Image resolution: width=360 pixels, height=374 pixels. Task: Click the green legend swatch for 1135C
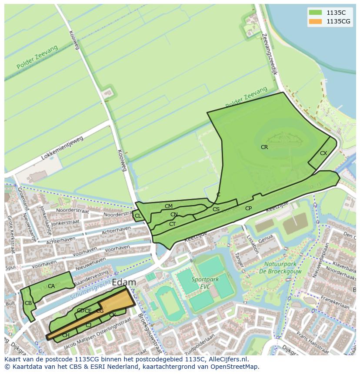click(315, 12)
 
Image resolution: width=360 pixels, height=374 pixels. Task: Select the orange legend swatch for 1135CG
click(315, 21)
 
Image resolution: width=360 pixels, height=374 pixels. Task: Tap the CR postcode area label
click(264, 147)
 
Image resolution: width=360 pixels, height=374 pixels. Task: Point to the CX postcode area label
click(323, 153)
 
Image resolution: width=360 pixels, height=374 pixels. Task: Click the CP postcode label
click(248, 209)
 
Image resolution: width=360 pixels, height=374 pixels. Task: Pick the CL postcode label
click(138, 216)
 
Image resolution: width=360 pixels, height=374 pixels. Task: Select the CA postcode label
click(51, 286)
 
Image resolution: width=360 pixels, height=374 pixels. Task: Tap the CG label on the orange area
click(100, 311)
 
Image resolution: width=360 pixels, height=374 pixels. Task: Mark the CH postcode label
click(66, 335)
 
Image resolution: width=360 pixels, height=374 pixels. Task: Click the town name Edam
click(124, 282)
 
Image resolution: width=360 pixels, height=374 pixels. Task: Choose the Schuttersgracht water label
click(90, 290)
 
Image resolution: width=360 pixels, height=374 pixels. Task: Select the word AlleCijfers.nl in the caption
click(226, 359)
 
